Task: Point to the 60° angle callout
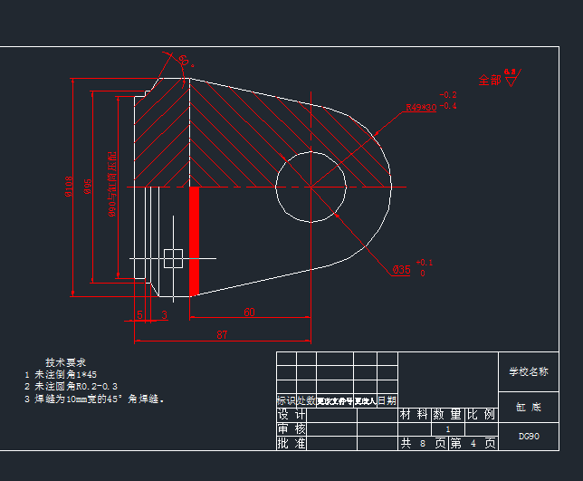(184, 61)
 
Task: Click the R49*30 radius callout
(420, 107)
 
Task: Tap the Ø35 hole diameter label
(401, 270)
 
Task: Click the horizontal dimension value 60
(249, 313)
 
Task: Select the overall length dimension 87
(222, 335)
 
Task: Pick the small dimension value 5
(139, 314)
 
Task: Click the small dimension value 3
(164, 314)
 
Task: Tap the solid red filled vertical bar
(194, 240)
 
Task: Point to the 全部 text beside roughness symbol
(489, 80)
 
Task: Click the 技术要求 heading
(65, 362)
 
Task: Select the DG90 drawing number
(529, 436)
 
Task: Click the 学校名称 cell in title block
(528, 371)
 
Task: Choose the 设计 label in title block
(291, 415)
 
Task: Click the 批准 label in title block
(291, 444)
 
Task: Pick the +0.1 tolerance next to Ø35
(425, 262)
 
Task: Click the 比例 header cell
(483, 415)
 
